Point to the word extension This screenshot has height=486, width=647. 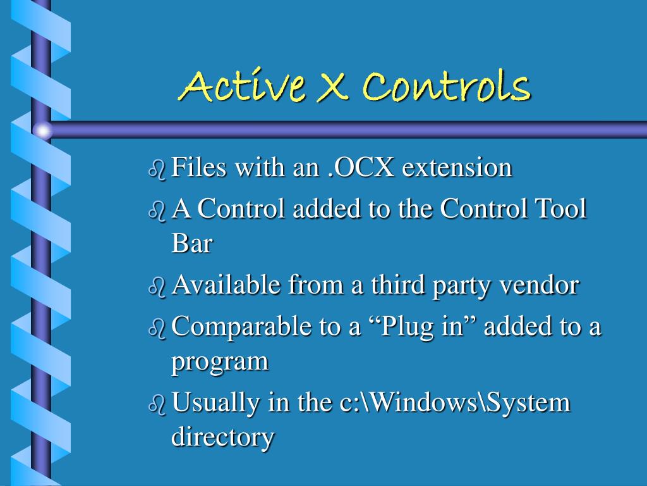(457, 168)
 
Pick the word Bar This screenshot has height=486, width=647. (191, 244)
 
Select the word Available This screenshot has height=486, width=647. (226, 285)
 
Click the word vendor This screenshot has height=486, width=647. (538, 285)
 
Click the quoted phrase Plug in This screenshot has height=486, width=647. (422, 328)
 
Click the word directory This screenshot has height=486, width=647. (223, 437)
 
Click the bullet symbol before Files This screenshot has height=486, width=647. (157, 170)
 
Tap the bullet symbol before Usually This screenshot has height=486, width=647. (157, 404)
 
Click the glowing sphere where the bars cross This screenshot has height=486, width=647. (42, 130)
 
